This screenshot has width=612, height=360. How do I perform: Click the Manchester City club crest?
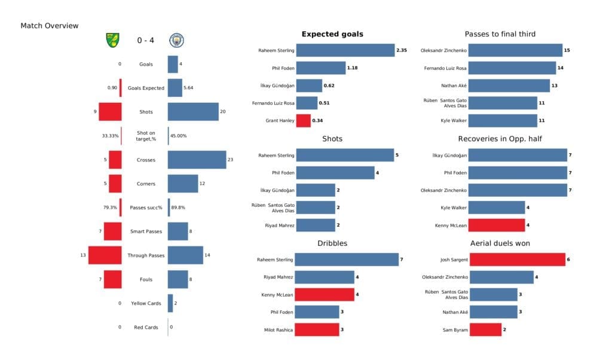click(x=176, y=40)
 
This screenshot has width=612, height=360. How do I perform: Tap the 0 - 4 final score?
click(x=145, y=41)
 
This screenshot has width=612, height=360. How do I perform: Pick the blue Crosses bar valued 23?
click(x=197, y=160)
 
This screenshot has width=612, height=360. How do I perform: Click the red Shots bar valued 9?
click(x=110, y=112)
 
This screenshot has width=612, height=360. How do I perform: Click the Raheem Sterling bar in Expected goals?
click(x=345, y=51)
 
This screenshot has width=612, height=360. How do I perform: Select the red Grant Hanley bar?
click(x=303, y=120)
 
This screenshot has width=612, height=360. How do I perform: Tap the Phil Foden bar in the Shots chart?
click(x=335, y=173)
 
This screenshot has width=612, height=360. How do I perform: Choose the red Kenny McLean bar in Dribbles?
click(x=325, y=294)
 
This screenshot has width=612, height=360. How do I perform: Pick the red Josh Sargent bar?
click(x=517, y=260)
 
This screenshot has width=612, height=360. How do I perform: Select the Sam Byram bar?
click(x=485, y=330)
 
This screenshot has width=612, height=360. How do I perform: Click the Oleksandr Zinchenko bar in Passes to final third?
click(x=516, y=51)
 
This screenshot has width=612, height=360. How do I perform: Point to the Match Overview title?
click(x=49, y=26)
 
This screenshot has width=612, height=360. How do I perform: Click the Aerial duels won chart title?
click(x=500, y=243)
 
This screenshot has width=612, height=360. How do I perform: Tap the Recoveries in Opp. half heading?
click(x=500, y=139)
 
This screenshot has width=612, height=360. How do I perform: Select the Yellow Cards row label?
click(x=146, y=303)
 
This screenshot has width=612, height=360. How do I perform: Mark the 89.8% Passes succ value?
click(x=179, y=208)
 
